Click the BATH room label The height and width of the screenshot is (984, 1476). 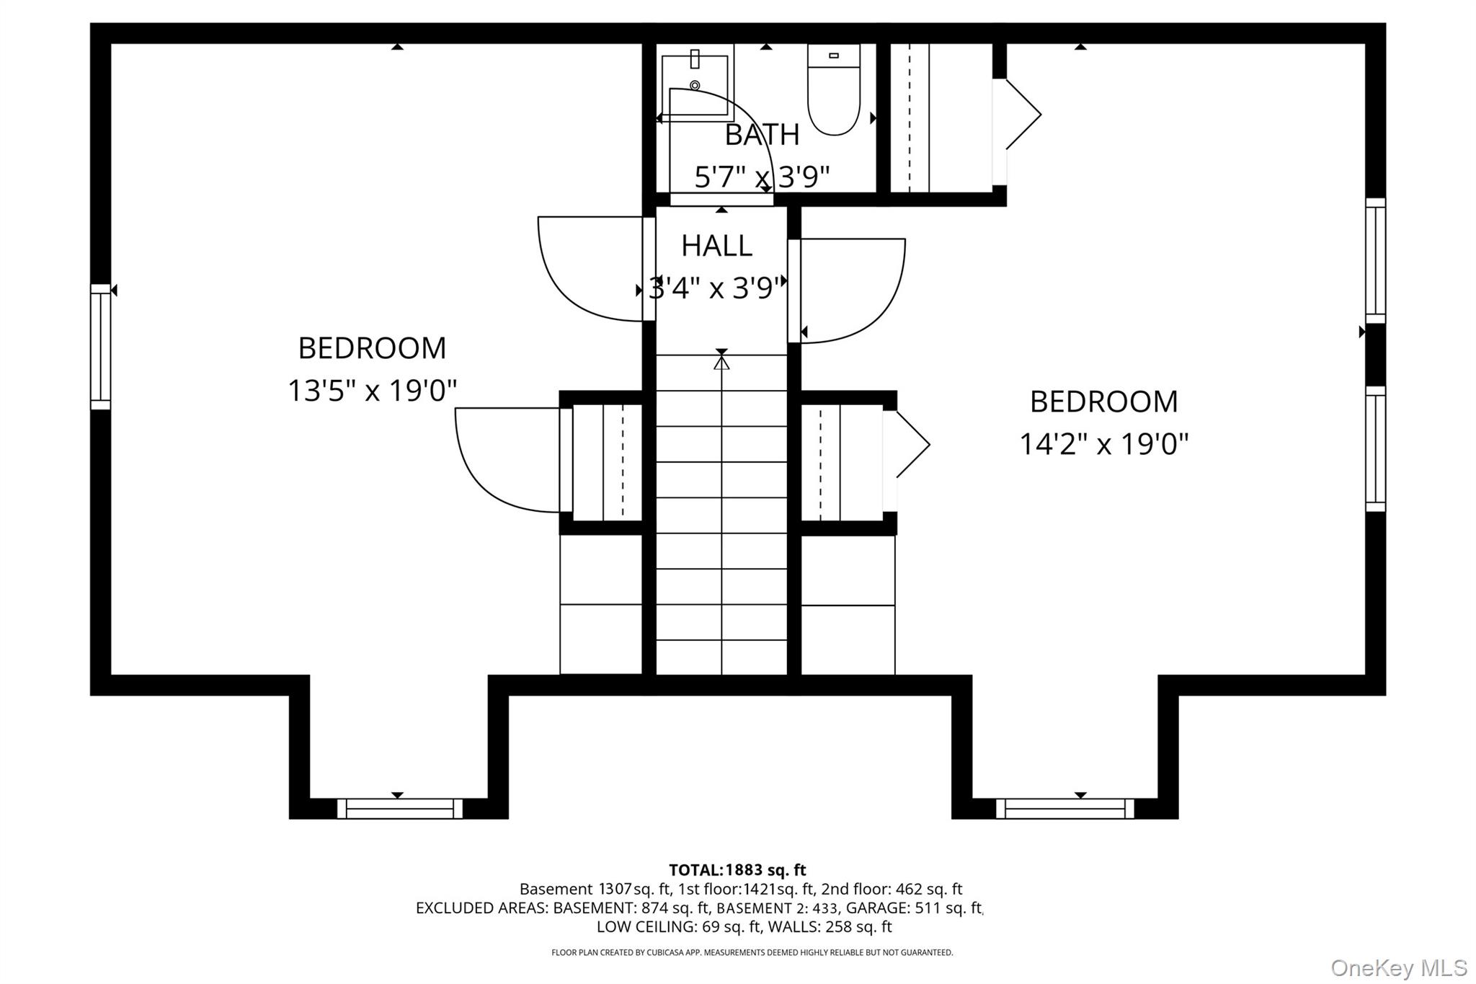(762, 135)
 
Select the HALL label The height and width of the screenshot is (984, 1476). (716, 246)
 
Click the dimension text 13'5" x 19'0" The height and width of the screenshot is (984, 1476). (372, 391)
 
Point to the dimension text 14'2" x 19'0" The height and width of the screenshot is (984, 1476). (1103, 444)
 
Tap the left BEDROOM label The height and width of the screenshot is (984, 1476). (372, 348)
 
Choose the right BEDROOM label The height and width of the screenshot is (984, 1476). (1103, 402)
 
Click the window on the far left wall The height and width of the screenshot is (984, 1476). (100, 347)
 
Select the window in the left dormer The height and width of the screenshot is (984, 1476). (399, 808)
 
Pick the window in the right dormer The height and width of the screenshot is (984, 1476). (1064, 808)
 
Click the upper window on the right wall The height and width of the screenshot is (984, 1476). (1375, 261)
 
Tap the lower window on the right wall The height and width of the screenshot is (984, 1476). (1375, 448)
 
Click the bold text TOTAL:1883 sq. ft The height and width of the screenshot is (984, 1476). (737, 870)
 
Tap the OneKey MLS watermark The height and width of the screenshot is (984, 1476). (1398, 967)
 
